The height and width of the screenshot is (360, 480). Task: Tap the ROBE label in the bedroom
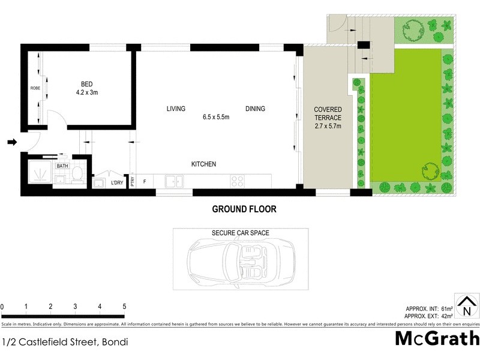click(35, 88)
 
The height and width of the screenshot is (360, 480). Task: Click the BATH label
click(62, 166)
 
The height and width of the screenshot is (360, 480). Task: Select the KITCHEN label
click(203, 164)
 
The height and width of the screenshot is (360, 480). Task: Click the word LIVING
click(176, 109)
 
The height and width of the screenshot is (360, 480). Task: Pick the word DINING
click(255, 109)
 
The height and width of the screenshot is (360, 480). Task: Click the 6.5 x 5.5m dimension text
click(216, 116)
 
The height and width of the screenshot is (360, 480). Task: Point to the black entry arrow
click(12, 142)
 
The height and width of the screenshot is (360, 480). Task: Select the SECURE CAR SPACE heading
click(240, 233)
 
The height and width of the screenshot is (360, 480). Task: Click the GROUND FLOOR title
click(244, 209)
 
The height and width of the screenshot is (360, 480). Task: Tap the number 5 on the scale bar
click(124, 307)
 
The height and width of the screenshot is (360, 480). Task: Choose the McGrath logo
click(437, 338)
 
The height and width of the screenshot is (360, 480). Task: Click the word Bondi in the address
click(115, 343)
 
